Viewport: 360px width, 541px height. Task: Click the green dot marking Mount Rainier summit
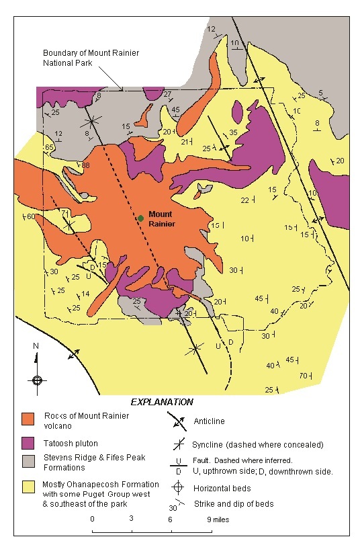pyautogui.click(x=140, y=218)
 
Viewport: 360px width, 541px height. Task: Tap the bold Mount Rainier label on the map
pyautogui.click(x=161, y=219)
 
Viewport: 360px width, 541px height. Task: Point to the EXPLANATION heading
pyautogui.click(x=162, y=402)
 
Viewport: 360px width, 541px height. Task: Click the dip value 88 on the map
pyautogui.click(x=85, y=165)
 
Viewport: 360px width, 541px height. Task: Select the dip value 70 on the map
pyautogui.click(x=303, y=375)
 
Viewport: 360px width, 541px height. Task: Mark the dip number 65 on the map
pyautogui.click(x=49, y=147)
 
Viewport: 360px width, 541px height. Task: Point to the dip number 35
pyautogui.click(x=233, y=133)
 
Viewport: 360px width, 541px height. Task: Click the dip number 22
pyautogui.click(x=245, y=200)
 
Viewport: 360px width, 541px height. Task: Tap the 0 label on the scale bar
pyautogui.click(x=92, y=519)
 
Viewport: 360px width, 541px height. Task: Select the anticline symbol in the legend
pyautogui.click(x=177, y=422)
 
